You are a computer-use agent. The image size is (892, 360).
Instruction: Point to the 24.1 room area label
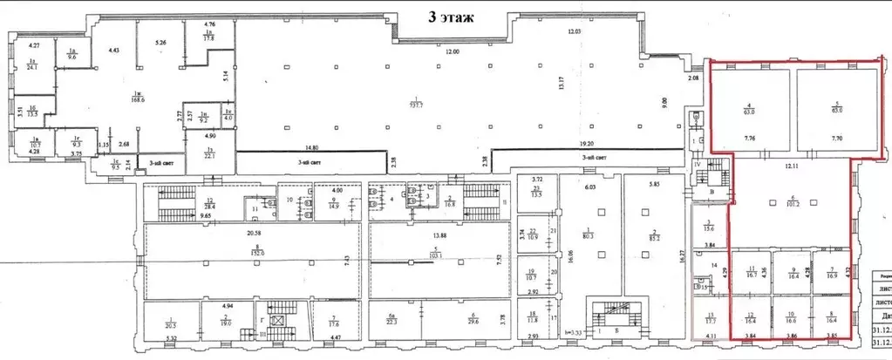[x=35, y=66]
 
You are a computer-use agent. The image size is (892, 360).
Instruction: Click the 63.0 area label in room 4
[x=747, y=112]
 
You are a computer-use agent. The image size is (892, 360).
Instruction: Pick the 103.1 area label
[x=437, y=255]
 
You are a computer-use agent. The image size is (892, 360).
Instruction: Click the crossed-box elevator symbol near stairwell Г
[x=277, y=321]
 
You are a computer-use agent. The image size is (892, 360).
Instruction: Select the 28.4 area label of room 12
[x=185, y=207]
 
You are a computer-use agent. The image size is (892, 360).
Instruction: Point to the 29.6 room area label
[x=473, y=321]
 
